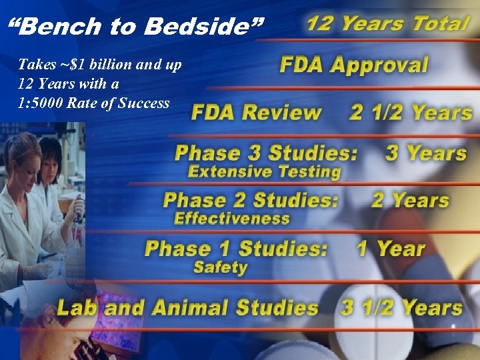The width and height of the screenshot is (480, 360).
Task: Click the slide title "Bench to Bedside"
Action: (136, 27)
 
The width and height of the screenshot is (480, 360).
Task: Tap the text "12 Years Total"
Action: (387, 23)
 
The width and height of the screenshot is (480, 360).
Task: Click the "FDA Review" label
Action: (257, 112)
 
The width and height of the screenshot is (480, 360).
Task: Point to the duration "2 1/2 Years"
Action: (411, 112)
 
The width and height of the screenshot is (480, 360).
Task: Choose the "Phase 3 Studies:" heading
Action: (266, 153)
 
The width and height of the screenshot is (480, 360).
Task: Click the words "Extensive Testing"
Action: (264, 171)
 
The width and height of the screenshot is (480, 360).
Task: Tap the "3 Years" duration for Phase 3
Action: (426, 153)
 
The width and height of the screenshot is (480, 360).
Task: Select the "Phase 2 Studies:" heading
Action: (251, 200)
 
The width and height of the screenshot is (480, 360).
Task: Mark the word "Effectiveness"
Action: (231, 218)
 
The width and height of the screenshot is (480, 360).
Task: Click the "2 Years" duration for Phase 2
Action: (410, 200)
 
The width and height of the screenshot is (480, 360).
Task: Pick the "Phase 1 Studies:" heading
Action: (237, 249)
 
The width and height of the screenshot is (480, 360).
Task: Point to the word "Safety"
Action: (220, 267)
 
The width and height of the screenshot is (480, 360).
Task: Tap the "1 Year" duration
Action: (391, 249)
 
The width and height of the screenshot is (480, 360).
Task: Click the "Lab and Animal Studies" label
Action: (187, 307)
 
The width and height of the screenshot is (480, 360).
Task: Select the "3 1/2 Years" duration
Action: (402, 307)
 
